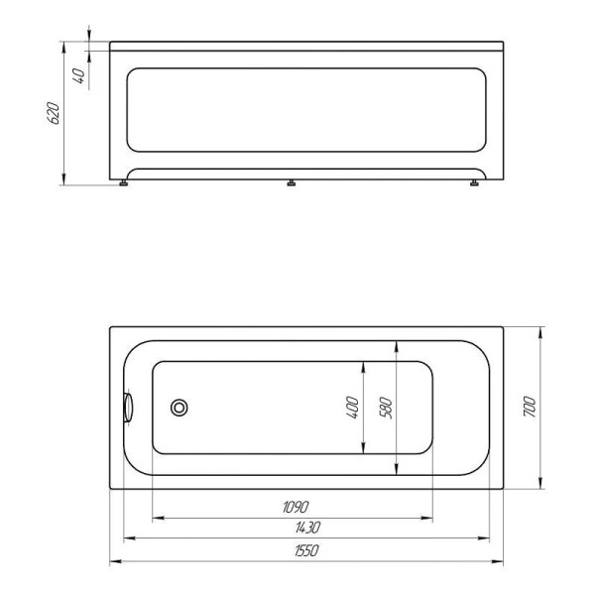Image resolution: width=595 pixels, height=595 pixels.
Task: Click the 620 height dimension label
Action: click(57, 112)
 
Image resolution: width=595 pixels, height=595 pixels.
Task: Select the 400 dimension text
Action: click(352, 408)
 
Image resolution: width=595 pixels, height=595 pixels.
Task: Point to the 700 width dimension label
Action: click(530, 408)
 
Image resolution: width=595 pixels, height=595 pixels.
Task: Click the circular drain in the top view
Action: click(180, 407)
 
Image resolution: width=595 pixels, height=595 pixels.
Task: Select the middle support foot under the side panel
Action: click(291, 183)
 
